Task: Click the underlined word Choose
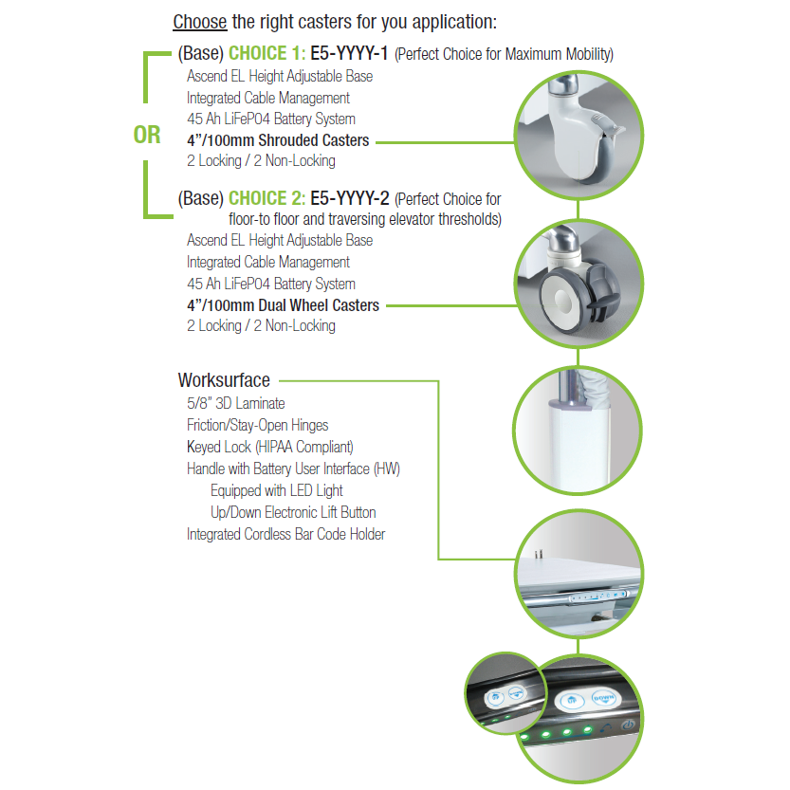pyautogui.click(x=200, y=22)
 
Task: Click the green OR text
pyautogui.click(x=147, y=135)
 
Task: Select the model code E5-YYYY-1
pyautogui.click(x=349, y=53)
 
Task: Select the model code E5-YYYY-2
pyautogui.click(x=350, y=198)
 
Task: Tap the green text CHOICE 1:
pyautogui.click(x=267, y=53)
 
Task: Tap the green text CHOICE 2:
pyautogui.click(x=267, y=198)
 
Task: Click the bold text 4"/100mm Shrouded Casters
pyautogui.click(x=278, y=140)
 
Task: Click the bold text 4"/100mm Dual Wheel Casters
pyautogui.click(x=284, y=305)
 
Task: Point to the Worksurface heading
pyautogui.click(x=224, y=380)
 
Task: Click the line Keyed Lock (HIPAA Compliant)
pyautogui.click(x=270, y=447)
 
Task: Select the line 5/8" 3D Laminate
pyautogui.click(x=236, y=403)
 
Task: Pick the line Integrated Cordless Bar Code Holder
pyautogui.click(x=285, y=534)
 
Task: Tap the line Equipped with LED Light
pyautogui.click(x=277, y=490)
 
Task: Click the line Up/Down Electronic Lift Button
pyautogui.click(x=293, y=512)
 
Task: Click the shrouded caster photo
pyautogui.click(x=579, y=135)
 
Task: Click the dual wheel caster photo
pyautogui.click(x=579, y=284)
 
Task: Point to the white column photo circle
pyautogui.click(x=578, y=430)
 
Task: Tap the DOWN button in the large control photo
pyautogui.click(x=603, y=698)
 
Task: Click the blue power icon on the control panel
pyautogui.click(x=628, y=725)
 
